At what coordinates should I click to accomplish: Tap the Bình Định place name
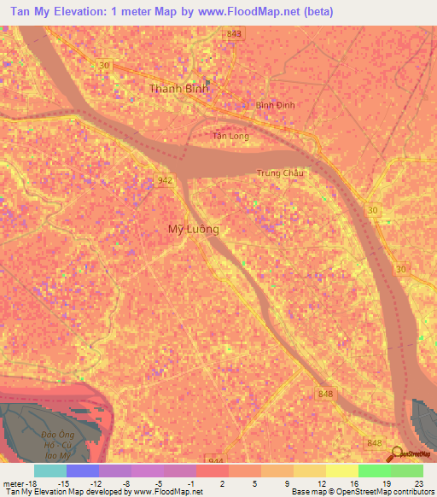point(275,105)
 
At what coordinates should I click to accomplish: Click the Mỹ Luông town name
point(193,230)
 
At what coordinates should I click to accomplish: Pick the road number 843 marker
point(235,33)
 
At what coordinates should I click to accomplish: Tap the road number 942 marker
point(165,180)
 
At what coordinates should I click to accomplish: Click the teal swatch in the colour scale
point(50,471)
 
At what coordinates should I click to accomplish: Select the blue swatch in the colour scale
point(83,471)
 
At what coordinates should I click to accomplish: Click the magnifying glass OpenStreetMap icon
point(396,455)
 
